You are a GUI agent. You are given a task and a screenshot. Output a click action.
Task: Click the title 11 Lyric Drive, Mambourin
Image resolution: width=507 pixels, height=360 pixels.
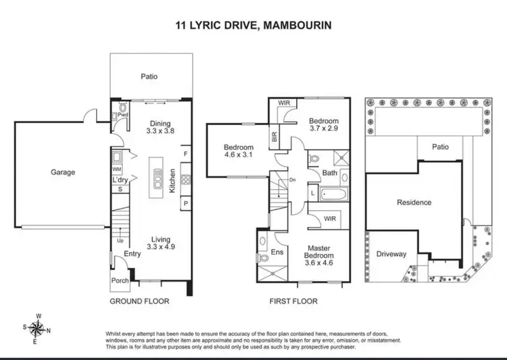pos(253,25)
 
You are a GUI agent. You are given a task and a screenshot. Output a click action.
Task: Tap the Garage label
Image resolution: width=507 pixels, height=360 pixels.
pos(63,172)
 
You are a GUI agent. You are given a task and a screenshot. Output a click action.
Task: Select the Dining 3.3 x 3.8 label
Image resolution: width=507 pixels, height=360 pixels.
pos(160,128)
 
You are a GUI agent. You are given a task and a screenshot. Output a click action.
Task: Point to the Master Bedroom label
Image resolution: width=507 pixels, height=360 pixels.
pos(319,253)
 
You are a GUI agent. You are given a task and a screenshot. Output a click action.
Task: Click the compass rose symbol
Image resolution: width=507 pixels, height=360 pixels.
pos(38,329)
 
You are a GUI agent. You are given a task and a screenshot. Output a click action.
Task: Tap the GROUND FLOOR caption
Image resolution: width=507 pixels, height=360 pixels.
pos(139,301)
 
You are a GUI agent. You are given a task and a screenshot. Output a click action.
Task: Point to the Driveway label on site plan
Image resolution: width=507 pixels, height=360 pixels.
pos(391,255)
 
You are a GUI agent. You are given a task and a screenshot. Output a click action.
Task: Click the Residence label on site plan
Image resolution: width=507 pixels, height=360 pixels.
pos(414,202)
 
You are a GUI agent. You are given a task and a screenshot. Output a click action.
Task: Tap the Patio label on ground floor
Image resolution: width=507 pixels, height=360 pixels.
pos(149,76)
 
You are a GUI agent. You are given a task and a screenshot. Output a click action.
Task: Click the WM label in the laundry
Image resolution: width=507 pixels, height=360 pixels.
pos(116,168)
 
